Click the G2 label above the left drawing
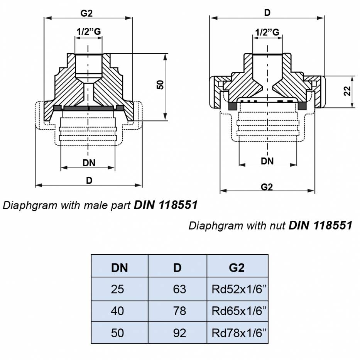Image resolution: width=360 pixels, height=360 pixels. [86, 13]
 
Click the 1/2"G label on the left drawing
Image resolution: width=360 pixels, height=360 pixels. [88, 32]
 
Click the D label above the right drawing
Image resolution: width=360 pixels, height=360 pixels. [267, 12]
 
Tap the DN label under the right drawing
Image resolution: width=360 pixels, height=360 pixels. [267, 161]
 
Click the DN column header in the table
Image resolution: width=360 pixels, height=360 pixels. [119, 267]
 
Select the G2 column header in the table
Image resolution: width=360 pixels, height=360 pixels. [237, 267]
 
